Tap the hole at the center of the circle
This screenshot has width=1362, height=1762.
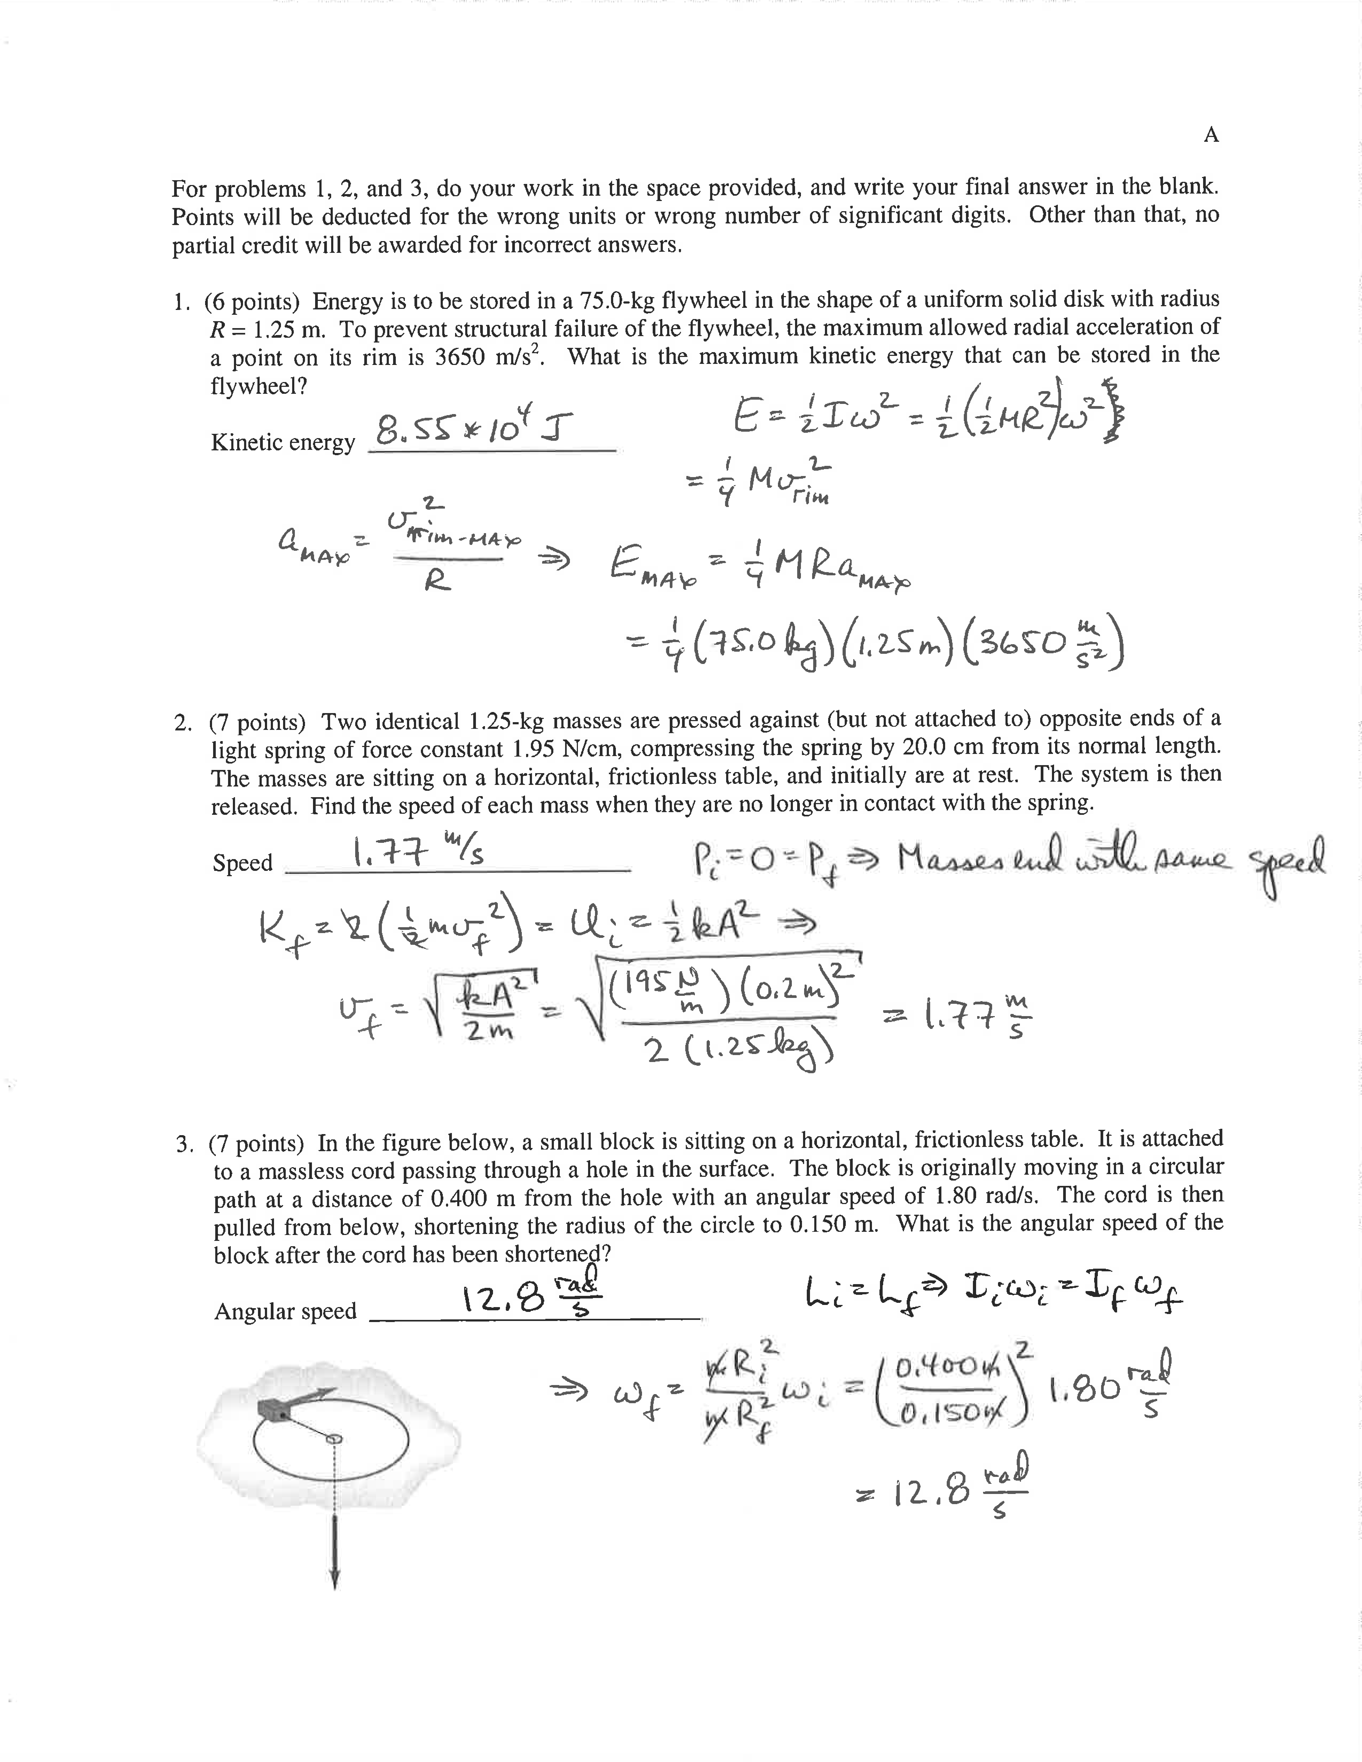coord(333,1438)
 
